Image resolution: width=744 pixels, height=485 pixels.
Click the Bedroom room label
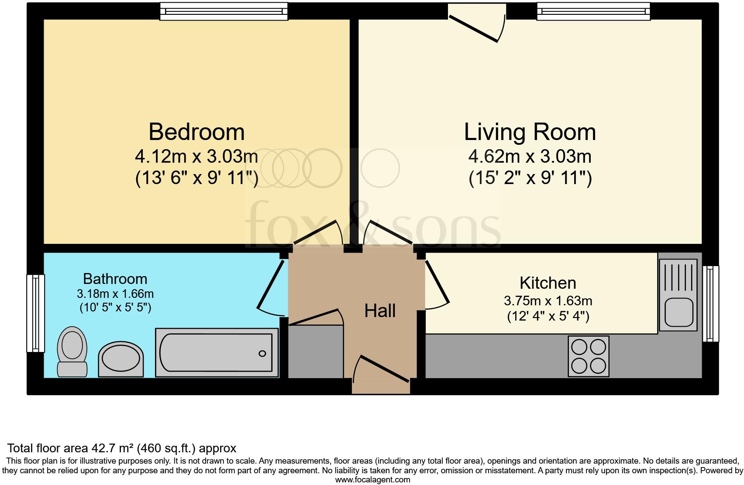click(196, 132)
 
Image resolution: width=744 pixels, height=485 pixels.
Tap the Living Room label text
click(530, 132)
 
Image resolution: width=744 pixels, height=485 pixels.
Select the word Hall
click(380, 311)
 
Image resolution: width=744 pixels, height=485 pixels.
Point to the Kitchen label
click(548, 283)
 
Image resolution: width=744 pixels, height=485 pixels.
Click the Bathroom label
click(115, 279)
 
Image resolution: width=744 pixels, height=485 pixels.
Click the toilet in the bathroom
click(72, 352)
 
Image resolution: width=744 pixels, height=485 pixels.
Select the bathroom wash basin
click(121, 359)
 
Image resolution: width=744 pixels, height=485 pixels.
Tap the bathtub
click(217, 353)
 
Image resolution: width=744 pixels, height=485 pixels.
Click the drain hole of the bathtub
click(262, 354)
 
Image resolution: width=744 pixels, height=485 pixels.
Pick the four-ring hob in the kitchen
click(588, 356)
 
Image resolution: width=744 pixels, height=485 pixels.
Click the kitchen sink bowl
click(679, 312)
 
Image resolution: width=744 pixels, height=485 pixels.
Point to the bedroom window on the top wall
click(224, 12)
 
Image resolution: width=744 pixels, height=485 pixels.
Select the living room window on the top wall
click(593, 12)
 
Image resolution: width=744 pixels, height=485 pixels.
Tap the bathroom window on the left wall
click(35, 313)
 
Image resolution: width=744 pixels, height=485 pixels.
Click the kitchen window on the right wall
click(710, 304)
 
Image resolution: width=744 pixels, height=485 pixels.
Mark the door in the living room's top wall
click(477, 23)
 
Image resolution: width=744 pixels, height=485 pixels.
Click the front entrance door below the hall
click(381, 375)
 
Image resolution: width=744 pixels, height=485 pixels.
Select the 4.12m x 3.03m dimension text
click(196, 157)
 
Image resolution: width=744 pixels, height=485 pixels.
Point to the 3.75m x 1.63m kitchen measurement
click(548, 301)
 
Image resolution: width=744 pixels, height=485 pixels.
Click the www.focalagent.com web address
click(372, 480)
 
